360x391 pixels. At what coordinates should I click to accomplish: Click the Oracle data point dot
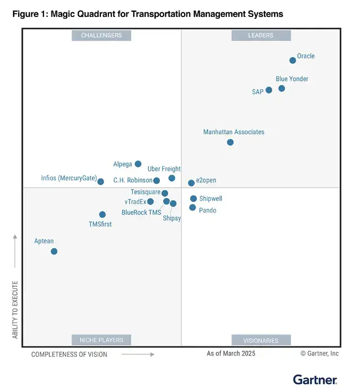pyautogui.click(x=293, y=61)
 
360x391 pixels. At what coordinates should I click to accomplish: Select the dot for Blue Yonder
pyautogui.click(x=281, y=88)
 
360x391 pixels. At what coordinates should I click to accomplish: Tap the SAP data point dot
pyautogui.click(x=269, y=90)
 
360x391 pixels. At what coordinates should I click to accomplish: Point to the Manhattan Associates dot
pyautogui.click(x=230, y=142)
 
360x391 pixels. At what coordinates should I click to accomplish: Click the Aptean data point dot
pyautogui.click(x=54, y=251)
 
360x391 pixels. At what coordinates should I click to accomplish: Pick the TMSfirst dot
pyautogui.click(x=102, y=215)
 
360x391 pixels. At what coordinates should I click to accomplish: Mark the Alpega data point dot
pyautogui.click(x=138, y=164)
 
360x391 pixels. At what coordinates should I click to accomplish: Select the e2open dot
pyautogui.click(x=191, y=183)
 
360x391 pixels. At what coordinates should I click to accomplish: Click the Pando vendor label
pyautogui.click(x=207, y=210)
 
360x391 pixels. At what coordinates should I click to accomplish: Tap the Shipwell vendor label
pyautogui.click(x=211, y=199)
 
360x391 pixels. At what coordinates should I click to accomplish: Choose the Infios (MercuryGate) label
pyautogui.click(x=69, y=178)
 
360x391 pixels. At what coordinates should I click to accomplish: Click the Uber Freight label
pyautogui.click(x=164, y=169)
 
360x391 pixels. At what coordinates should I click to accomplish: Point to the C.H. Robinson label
pyautogui.click(x=133, y=180)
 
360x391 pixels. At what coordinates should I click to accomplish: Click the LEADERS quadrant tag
pyautogui.click(x=261, y=36)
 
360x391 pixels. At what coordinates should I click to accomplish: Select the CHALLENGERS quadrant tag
pyautogui.click(x=101, y=36)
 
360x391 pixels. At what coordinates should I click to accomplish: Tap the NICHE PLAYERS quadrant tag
pyautogui.click(x=101, y=340)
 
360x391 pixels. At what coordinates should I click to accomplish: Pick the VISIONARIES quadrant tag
pyautogui.click(x=261, y=340)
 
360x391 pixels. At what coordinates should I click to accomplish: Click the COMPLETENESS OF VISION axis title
pyautogui.click(x=69, y=354)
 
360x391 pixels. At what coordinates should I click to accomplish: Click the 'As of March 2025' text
pyautogui.click(x=231, y=353)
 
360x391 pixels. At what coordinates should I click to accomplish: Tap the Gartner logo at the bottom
pyautogui.click(x=315, y=380)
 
